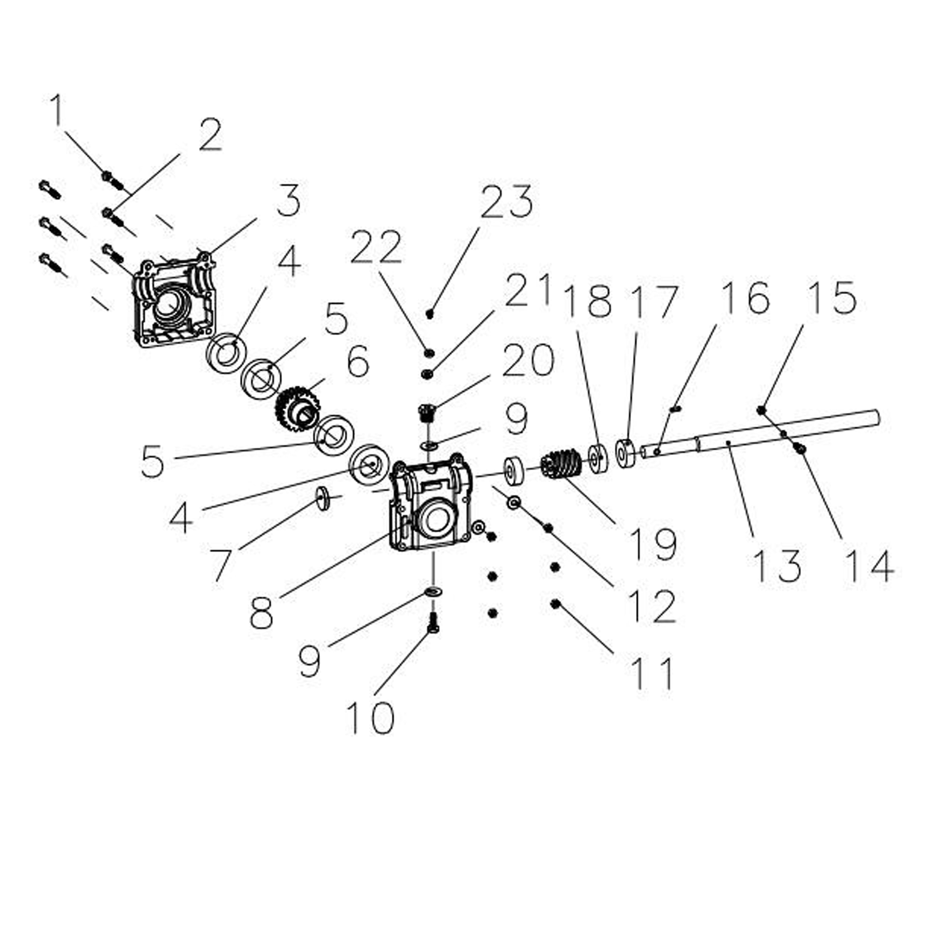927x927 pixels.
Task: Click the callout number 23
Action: coord(507,202)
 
